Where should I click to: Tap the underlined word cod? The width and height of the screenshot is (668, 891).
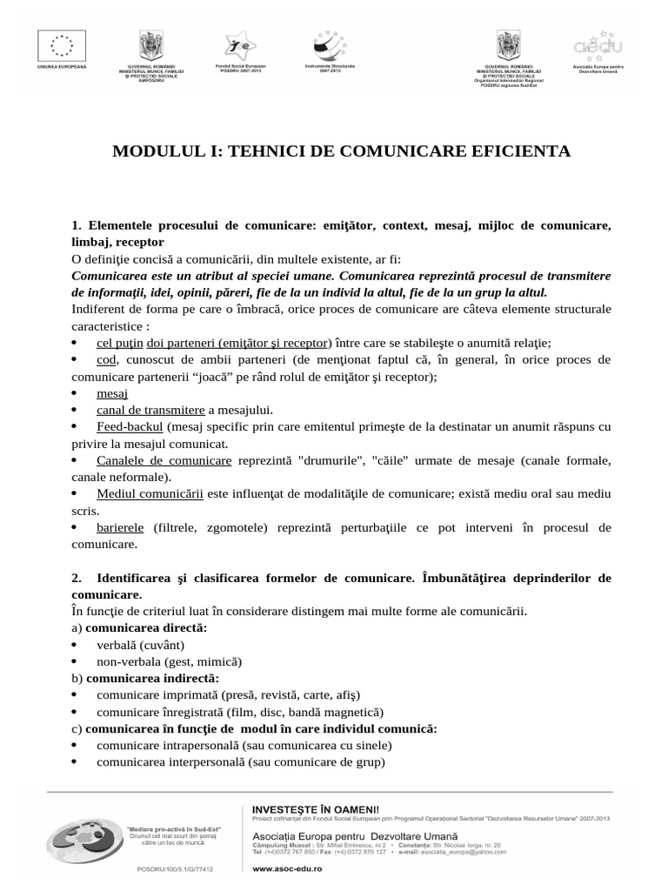(x=106, y=359)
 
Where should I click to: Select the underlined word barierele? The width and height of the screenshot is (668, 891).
(x=122, y=527)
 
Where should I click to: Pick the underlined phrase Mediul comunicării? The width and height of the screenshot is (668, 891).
(x=150, y=493)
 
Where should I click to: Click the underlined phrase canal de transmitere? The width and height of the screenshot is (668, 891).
(x=150, y=410)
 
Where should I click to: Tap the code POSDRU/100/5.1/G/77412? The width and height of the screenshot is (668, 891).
(x=175, y=868)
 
